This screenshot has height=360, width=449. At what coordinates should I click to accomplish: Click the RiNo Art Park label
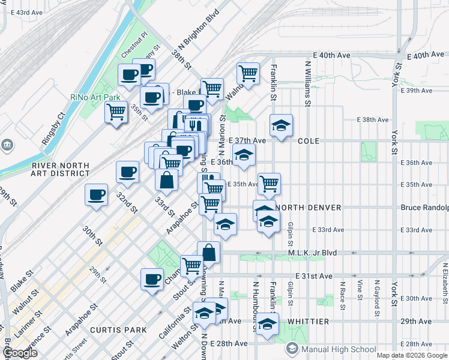point(95,97)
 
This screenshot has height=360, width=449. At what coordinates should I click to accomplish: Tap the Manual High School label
point(339,349)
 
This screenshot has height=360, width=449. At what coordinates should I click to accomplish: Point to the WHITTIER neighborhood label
point(308,322)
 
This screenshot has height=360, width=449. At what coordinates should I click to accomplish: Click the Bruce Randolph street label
point(424,208)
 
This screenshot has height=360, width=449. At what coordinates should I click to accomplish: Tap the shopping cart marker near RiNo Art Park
point(116,111)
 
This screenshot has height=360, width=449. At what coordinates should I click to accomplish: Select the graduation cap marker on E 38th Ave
point(281,125)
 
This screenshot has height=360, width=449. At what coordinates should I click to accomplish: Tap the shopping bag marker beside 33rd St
point(166,179)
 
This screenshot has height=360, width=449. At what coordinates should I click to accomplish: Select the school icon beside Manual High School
point(292,349)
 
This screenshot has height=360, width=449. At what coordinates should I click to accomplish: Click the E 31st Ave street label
point(314,276)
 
